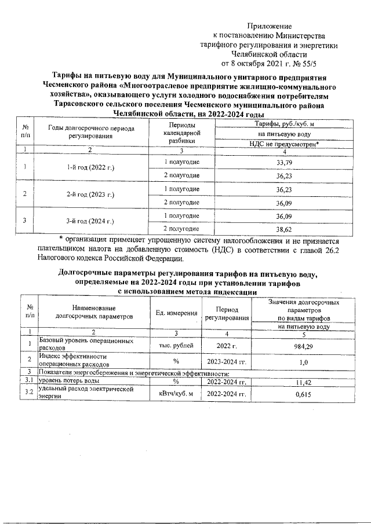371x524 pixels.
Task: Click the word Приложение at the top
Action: tap(269, 26)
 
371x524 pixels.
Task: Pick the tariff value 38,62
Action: tap(284, 229)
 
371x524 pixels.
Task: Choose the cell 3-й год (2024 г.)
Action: tap(91, 222)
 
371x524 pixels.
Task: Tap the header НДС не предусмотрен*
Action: tap(284, 143)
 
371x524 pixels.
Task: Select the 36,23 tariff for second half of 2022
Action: tap(284, 175)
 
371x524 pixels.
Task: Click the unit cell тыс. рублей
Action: tap(176, 346)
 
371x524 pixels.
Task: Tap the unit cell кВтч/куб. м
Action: tap(176, 394)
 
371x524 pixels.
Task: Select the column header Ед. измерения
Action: tap(176, 313)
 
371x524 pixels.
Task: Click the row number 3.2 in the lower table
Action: tap(28, 394)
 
